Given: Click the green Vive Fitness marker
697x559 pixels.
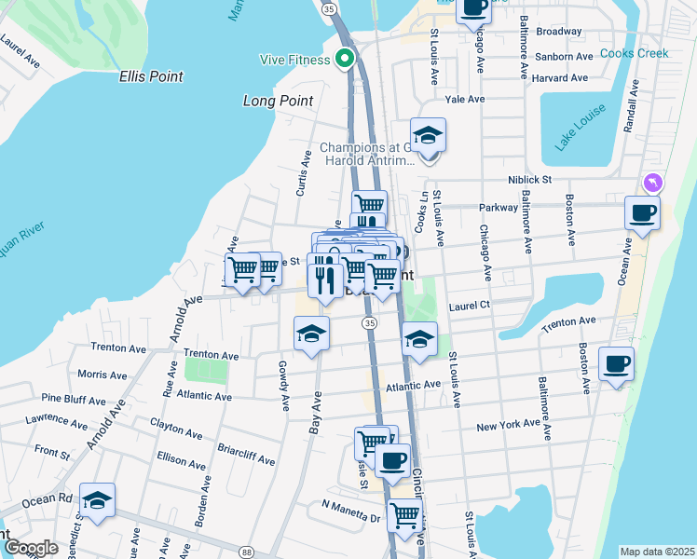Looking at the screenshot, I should point(345,60).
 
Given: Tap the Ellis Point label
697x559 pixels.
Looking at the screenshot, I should point(151,76).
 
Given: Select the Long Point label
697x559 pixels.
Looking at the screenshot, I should point(277,101).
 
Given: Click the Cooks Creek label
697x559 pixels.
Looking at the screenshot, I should point(634,53).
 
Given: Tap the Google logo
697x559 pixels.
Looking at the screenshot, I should point(30,548).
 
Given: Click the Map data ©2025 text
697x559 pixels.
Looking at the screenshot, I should point(657,552).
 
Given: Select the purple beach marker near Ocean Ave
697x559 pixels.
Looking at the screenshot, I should point(650,182).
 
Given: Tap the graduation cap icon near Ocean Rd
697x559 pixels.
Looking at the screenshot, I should point(97,500).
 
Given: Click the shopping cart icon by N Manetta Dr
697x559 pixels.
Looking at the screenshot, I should point(404,514).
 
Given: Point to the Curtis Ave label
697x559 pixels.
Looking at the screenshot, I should point(301,173).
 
